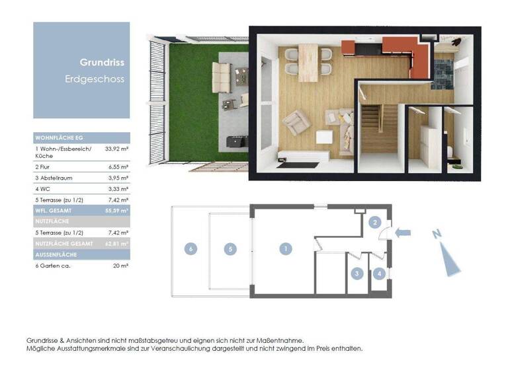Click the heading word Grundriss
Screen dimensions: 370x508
[x=102, y=63]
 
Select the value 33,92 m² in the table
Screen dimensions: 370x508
[x=117, y=149]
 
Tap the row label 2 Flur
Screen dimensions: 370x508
[x=44, y=168]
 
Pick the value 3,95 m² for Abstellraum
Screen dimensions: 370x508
[x=118, y=178]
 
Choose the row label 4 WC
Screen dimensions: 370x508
[x=43, y=189]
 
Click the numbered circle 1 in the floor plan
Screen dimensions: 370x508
[x=285, y=249]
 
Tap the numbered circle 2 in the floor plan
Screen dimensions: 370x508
[x=375, y=223]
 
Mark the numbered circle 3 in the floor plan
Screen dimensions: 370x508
[x=357, y=273]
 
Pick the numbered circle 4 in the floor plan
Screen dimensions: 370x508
[x=379, y=273]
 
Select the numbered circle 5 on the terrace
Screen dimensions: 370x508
[x=230, y=249]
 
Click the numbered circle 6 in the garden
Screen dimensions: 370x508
[x=190, y=249]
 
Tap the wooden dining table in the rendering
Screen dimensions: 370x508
[x=308, y=63]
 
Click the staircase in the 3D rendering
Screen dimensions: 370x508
[x=379, y=129]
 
